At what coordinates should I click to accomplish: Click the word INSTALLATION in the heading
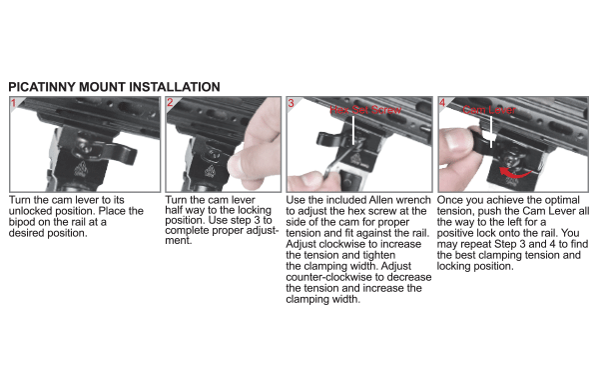(172, 87)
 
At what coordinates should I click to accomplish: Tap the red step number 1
(13, 102)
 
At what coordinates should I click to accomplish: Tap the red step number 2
(171, 102)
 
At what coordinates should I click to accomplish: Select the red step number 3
(292, 102)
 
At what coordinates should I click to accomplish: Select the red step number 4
(442, 102)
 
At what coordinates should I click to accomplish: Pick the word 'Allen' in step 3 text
(375, 201)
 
